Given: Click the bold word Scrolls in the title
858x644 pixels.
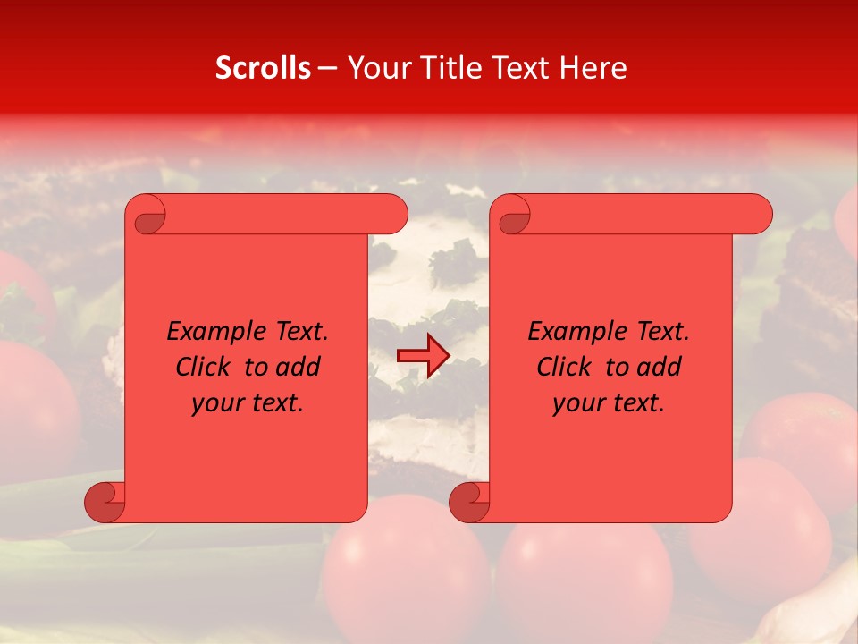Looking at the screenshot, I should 263,68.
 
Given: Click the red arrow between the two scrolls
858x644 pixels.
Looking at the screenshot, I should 423,356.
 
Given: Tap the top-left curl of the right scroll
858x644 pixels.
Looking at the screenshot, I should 513,215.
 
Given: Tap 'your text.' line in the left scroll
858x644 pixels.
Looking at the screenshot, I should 248,403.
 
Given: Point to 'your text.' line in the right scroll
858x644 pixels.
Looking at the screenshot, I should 609,403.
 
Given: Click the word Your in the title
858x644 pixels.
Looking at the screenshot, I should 378,68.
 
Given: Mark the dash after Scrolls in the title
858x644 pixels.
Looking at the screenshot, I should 327,68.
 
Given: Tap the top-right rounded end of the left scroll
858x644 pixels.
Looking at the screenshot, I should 392,214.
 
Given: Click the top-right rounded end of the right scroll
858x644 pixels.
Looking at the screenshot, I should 757,214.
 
